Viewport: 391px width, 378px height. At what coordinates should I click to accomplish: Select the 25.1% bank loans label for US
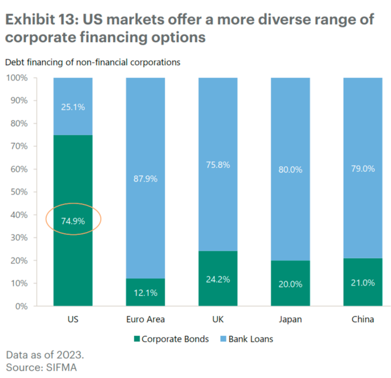(x=73, y=107)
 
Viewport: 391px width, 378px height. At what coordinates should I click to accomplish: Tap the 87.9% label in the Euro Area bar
(x=146, y=179)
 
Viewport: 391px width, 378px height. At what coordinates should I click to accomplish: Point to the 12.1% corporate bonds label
(x=146, y=293)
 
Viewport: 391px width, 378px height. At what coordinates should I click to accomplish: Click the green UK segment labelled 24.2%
(x=218, y=280)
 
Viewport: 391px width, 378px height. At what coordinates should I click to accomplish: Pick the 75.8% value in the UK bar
(x=218, y=165)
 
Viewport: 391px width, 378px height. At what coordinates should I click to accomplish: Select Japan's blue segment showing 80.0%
(x=290, y=169)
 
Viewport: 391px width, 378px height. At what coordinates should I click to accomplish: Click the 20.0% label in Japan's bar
(x=290, y=284)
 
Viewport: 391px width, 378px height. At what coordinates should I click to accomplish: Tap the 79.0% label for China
(x=363, y=169)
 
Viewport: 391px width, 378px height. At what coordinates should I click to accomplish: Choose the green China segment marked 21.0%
(x=363, y=283)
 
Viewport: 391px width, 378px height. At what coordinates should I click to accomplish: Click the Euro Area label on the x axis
(x=146, y=319)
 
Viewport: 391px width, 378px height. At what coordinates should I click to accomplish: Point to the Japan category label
(x=290, y=319)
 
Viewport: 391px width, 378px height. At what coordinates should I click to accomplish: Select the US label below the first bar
(x=73, y=319)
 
